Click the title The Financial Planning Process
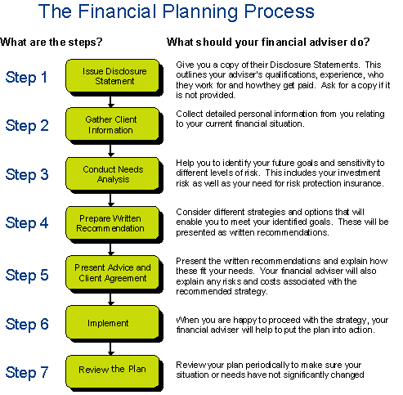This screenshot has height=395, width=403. (177, 11)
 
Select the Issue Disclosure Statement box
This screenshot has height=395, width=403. (113, 76)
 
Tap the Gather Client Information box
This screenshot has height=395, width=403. (113, 124)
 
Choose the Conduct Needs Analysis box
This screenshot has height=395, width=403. (113, 173)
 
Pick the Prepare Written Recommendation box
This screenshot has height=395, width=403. (113, 223)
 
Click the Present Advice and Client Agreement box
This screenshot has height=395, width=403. (113, 272)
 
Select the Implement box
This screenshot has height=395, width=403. (113, 322)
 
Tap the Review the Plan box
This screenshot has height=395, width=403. (113, 371)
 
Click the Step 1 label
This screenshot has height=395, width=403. (26, 78)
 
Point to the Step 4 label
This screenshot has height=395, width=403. (27, 223)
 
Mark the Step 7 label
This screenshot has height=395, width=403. (27, 372)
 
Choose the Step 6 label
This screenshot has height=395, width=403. (27, 324)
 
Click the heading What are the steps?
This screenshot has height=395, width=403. (51, 42)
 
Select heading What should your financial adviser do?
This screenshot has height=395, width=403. (268, 42)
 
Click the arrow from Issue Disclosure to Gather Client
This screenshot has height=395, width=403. (110, 101)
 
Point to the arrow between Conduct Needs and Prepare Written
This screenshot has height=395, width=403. (110, 200)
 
